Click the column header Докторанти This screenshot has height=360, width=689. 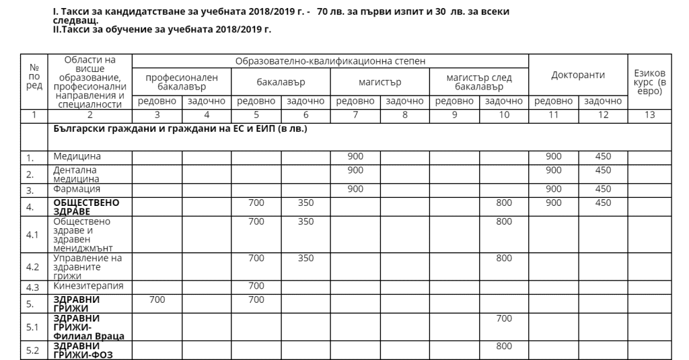click(x=578, y=75)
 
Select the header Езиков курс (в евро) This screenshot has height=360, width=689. click(x=649, y=81)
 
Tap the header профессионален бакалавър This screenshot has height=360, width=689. click(x=182, y=82)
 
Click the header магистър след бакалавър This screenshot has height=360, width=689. click(x=479, y=82)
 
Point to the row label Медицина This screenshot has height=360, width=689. click(x=73, y=157)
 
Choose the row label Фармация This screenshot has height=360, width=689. click(x=72, y=189)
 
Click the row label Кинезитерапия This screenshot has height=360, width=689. click(x=82, y=285)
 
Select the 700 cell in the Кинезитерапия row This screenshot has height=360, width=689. click(x=256, y=285)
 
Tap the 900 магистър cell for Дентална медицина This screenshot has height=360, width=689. click(x=355, y=170)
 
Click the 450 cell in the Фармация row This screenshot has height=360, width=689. click(x=603, y=189)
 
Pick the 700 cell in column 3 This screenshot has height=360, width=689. click(x=157, y=299)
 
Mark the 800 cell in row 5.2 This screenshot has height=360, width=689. click(x=503, y=346)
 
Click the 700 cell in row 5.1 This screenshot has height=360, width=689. click(x=503, y=318)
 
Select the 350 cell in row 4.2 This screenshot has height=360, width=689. click(x=305, y=258)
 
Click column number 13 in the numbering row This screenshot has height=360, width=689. click(x=649, y=115)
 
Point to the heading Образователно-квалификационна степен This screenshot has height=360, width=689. click(x=330, y=61)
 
